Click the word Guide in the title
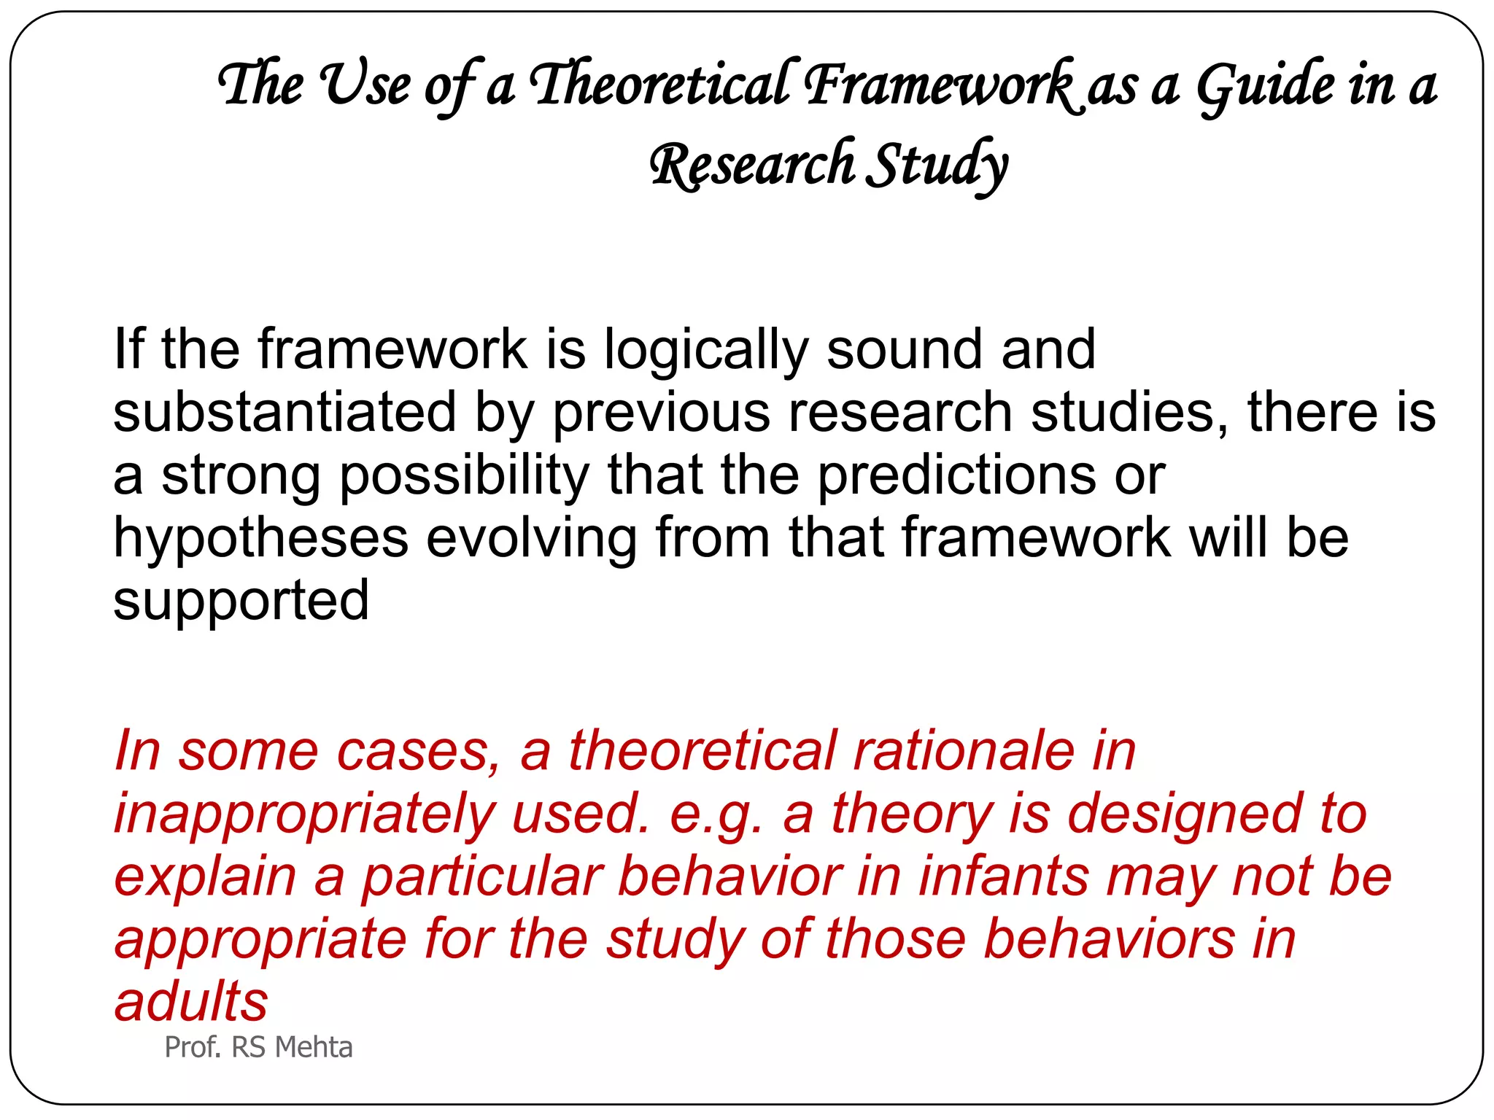[1266, 86]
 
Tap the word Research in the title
[751, 165]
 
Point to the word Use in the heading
[365, 85]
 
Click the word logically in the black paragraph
[705, 350]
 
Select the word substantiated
[285, 413]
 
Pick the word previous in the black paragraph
[661, 413]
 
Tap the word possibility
[464, 475]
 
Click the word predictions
[956, 475]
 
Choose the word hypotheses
[260, 538]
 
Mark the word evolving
[531, 538]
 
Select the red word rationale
[964, 750]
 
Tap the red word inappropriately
[304, 814]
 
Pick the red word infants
[1004, 876]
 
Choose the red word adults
[191, 1001]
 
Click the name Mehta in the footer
[314, 1047]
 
